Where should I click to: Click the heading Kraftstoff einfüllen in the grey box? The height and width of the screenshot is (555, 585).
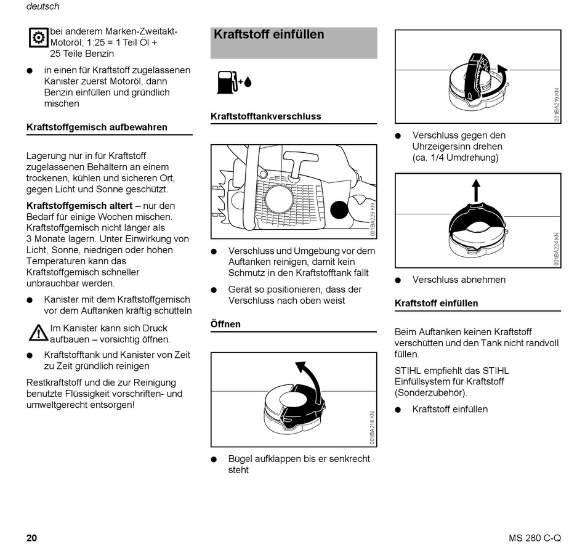point(268,34)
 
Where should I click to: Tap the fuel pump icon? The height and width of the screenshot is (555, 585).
point(226,82)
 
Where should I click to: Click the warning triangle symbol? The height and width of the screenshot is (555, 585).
point(38,333)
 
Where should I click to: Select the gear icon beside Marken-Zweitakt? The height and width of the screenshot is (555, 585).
point(38,38)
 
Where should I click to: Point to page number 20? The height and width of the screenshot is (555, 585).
point(31,538)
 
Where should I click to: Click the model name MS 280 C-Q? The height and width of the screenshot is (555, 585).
point(535,538)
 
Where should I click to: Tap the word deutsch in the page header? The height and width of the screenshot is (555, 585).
point(42,7)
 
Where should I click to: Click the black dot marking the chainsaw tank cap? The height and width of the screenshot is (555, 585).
point(339,210)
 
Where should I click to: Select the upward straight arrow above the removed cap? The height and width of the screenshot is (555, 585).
point(475,190)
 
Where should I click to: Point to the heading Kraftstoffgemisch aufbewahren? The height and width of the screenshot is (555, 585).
point(97,128)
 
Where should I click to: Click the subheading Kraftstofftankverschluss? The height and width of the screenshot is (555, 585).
point(265,116)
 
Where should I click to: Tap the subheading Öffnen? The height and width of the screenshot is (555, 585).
point(225,324)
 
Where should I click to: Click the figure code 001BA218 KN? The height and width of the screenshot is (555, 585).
point(372,427)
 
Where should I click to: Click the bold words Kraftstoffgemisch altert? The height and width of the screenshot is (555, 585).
point(79,206)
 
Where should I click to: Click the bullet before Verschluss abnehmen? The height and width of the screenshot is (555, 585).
point(398,280)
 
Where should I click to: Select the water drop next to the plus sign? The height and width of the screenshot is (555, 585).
point(248,82)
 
